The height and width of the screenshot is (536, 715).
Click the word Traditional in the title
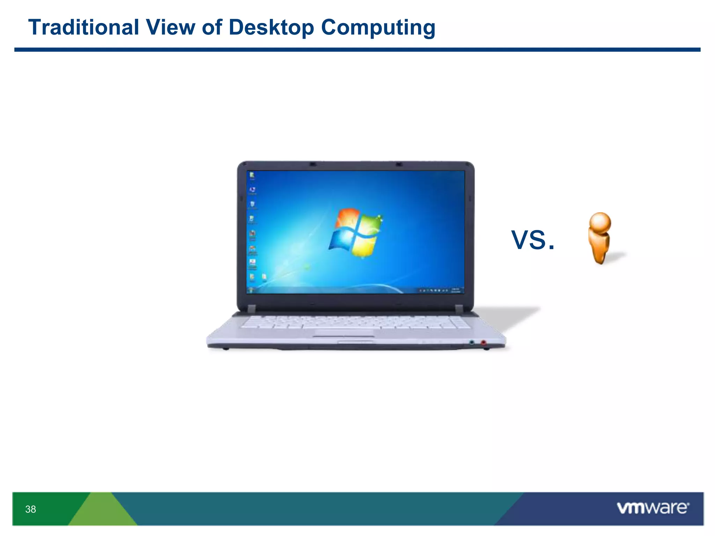(84, 27)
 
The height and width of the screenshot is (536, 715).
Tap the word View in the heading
(171, 27)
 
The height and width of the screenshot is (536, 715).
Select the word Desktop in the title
(271, 28)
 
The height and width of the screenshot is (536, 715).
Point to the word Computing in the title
(378, 28)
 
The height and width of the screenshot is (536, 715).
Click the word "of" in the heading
(212, 27)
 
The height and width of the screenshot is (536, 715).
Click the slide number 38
(30, 509)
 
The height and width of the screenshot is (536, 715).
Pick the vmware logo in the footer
(653, 508)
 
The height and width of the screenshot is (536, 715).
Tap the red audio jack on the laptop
(484, 343)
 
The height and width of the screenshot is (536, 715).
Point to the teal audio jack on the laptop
(472, 343)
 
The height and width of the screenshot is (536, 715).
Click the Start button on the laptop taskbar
(250, 290)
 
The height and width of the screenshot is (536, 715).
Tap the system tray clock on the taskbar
(456, 290)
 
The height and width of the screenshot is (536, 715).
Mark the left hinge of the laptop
(252, 308)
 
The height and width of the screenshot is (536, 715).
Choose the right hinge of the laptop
(459, 308)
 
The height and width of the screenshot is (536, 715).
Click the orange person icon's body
(599, 246)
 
